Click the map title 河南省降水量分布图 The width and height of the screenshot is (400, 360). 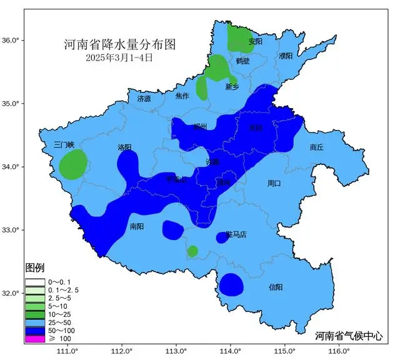tap(119, 45)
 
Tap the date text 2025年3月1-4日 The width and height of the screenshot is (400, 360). tap(119, 57)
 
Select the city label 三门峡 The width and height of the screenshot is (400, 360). tap(63, 144)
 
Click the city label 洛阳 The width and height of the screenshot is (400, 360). tap(124, 147)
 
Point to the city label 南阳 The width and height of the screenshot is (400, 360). tap(137, 226)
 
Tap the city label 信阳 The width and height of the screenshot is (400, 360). tap(275, 287)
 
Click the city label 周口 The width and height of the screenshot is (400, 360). tap(274, 184)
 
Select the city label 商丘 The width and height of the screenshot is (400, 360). tap(317, 147)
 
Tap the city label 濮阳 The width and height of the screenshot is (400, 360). tap(286, 56)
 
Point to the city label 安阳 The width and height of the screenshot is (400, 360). tap(255, 42)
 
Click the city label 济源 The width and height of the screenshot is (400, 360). tap(144, 99)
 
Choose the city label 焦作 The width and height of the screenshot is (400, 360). tap(182, 96)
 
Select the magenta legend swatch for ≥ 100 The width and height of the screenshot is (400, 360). tap(35, 338)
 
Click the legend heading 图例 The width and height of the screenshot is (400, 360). tap(34, 269)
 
